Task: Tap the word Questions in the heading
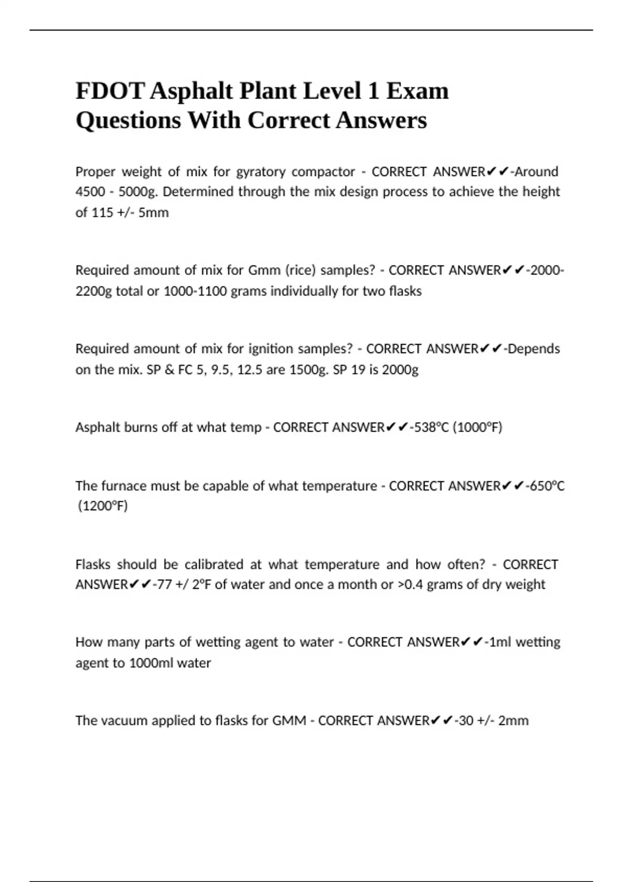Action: click(128, 121)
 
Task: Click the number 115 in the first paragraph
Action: click(102, 213)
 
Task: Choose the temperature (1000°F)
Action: click(478, 428)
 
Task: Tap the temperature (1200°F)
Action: click(102, 506)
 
